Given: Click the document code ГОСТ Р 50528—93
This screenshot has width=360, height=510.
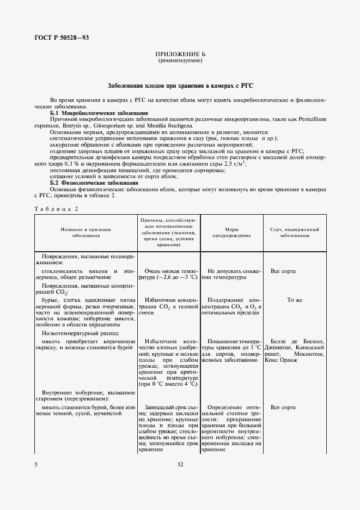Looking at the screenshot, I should [x=58, y=38].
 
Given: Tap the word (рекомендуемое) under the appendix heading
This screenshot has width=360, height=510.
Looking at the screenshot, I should [x=180, y=62].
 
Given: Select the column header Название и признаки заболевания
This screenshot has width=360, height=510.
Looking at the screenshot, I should [x=86, y=233].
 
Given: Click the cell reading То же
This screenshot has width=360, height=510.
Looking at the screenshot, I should [x=295, y=300].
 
